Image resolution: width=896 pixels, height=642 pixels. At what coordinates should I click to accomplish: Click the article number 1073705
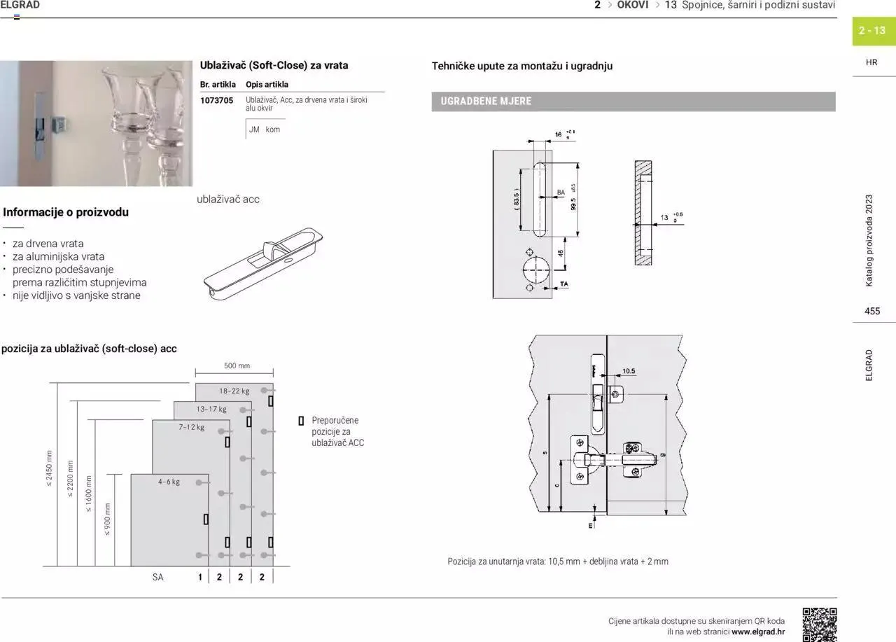[216, 100]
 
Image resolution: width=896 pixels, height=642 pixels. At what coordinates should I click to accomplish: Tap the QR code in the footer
[819, 624]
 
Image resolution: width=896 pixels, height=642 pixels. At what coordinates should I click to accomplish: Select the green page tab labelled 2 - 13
[873, 31]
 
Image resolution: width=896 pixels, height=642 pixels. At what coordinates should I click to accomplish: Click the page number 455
[872, 311]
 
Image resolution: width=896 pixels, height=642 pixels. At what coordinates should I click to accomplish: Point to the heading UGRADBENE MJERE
[486, 102]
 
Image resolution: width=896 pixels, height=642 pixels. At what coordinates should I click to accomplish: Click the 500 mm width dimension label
[237, 365]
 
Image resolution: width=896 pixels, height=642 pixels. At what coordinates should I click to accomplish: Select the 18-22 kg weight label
[234, 391]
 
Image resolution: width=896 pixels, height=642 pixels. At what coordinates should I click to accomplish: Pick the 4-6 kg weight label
[169, 482]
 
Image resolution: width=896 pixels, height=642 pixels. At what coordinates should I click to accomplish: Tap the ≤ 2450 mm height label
[49, 468]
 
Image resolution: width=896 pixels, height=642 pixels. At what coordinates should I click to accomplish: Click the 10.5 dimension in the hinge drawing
[628, 371]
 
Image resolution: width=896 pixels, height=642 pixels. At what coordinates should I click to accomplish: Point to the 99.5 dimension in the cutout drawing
[573, 200]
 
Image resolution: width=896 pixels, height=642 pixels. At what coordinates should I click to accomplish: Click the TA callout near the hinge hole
[564, 284]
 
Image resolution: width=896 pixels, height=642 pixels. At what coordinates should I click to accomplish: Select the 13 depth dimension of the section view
[664, 218]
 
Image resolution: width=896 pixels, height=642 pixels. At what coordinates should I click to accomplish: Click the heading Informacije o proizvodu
[66, 212]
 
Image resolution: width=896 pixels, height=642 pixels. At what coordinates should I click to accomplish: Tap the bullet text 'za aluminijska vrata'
[58, 256]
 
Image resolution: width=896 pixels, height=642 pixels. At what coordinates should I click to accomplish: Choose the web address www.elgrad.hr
[758, 631]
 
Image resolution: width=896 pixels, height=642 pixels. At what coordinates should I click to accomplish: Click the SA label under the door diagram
[157, 578]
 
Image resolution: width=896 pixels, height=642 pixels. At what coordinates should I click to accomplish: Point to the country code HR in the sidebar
[871, 62]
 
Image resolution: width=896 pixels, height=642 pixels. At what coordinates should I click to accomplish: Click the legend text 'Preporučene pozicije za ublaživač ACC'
[337, 431]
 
